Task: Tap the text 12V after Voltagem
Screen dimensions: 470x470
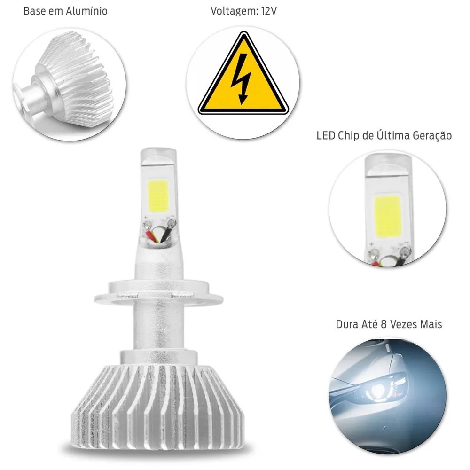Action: (x=269, y=11)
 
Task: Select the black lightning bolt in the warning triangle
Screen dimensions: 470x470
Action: (x=241, y=79)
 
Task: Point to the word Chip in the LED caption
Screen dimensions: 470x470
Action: (x=349, y=136)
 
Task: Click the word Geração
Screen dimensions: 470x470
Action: (x=432, y=136)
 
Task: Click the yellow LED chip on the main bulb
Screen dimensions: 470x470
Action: (x=157, y=196)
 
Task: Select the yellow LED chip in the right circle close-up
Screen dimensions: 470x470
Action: (x=387, y=217)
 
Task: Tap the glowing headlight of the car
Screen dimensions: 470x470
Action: (x=378, y=390)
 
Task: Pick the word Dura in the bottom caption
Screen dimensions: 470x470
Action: (x=346, y=324)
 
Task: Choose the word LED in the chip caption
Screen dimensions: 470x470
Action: (x=326, y=136)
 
